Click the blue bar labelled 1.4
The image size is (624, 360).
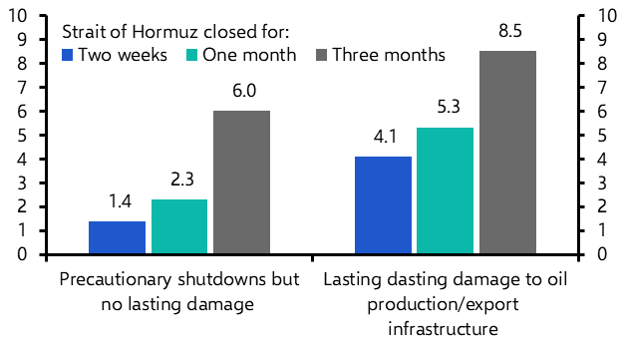coord(117,237)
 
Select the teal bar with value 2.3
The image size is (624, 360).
coord(179,226)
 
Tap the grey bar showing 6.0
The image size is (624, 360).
coord(242,182)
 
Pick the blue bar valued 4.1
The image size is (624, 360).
coord(383,205)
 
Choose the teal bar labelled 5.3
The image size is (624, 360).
coord(445,190)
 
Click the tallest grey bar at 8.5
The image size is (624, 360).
coord(507,153)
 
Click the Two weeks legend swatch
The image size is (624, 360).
coord(67,54)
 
